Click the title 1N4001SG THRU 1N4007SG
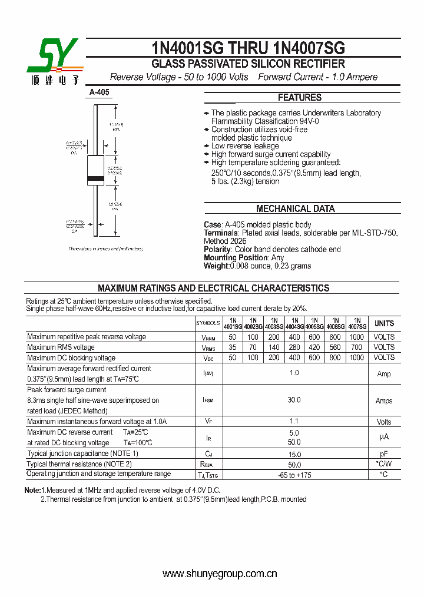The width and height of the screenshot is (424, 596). pyautogui.click(x=248, y=48)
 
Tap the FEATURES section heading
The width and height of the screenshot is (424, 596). pyautogui.click(x=300, y=98)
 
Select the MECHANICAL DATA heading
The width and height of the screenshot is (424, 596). pyautogui.click(x=296, y=208)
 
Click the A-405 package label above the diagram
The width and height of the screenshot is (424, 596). pyautogui.click(x=99, y=92)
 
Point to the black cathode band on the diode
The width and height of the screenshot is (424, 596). pyautogui.click(x=95, y=178)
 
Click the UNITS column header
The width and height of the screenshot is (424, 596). pyautogui.click(x=384, y=323)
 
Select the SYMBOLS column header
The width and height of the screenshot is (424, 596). pyautogui.click(x=208, y=323)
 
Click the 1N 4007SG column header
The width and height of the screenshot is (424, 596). pyautogui.click(x=357, y=323)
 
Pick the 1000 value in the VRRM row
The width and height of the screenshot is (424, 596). pyautogui.click(x=357, y=337)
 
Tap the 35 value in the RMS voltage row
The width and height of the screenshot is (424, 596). pyautogui.click(x=232, y=347)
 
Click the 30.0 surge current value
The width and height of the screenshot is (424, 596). pyautogui.click(x=294, y=400)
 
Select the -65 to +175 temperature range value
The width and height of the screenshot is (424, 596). pyautogui.click(x=294, y=475)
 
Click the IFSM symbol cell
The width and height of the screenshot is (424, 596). pyautogui.click(x=208, y=400)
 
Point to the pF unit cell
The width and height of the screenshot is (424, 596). pyautogui.click(x=384, y=454)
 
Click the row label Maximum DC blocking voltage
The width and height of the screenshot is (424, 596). pyautogui.click(x=71, y=358)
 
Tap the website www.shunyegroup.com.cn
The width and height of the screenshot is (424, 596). pyautogui.click(x=220, y=574)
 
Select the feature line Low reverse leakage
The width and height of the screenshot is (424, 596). pyautogui.click(x=245, y=146)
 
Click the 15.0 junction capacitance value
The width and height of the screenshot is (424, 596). pyautogui.click(x=294, y=454)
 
